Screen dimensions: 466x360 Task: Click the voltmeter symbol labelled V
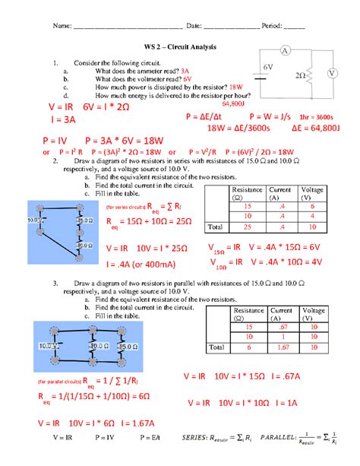tap(332, 73)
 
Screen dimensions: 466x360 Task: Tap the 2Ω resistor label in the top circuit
tap(299, 76)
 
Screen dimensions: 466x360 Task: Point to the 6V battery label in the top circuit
tap(268, 68)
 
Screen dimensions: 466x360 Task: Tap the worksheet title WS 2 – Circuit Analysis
tap(180, 48)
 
